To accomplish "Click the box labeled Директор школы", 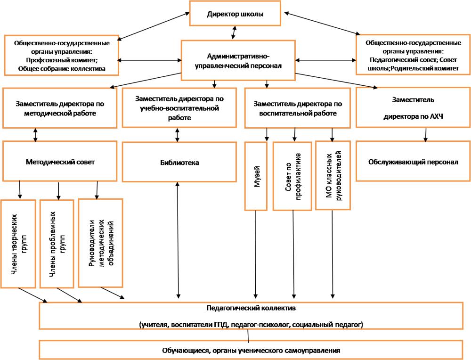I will point(235,14).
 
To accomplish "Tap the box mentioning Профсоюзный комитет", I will point(61,55).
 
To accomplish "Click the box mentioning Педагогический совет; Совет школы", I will point(414,55).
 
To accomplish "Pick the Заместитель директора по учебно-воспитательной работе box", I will point(179,108).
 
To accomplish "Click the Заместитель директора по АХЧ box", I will point(413,107).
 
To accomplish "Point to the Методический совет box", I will point(60,162).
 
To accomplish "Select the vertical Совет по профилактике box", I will point(292,176).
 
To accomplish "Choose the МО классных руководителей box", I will point(333,176).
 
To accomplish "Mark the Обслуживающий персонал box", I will point(413,162).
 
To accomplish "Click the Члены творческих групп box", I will point(18,244).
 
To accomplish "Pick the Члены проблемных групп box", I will point(57,244).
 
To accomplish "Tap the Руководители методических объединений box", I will point(100,243).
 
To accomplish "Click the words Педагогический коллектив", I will point(251,309).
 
